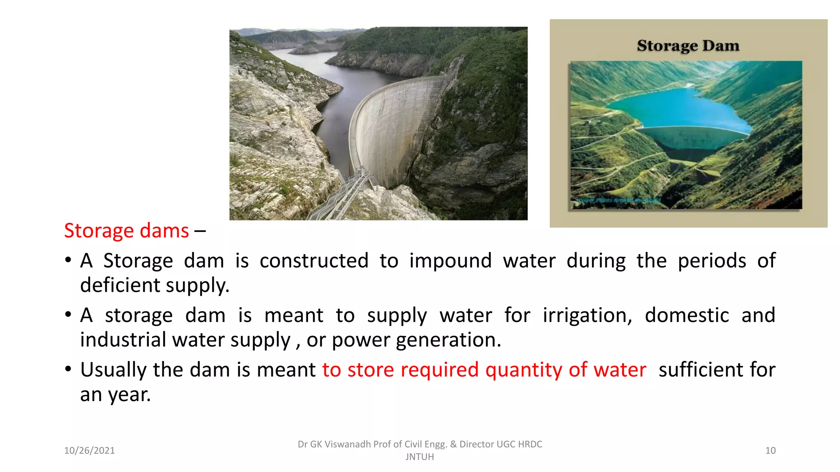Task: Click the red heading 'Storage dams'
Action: click(126, 231)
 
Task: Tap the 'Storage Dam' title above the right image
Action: click(688, 45)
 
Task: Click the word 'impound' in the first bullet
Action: click(450, 261)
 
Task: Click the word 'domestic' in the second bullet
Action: click(687, 315)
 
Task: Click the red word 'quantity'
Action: click(524, 370)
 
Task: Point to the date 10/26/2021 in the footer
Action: click(89, 451)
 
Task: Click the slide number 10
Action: click(770, 451)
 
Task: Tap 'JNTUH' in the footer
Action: click(420, 457)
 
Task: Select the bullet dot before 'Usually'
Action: click(68, 369)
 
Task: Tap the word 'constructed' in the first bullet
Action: click(314, 261)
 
